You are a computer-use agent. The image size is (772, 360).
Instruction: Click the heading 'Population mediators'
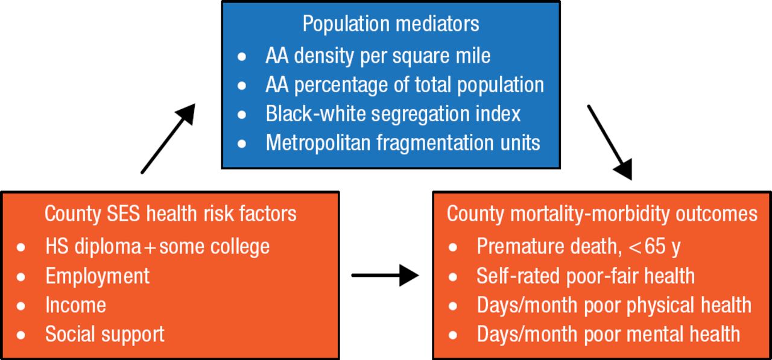(390, 24)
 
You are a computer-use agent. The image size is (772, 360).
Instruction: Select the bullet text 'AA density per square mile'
(378, 56)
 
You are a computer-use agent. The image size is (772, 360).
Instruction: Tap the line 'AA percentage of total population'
(404, 85)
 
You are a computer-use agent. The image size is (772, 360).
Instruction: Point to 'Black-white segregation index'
(393, 114)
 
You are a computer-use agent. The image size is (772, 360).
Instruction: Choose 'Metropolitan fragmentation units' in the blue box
(402, 143)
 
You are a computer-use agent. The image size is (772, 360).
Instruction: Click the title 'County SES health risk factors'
(170, 213)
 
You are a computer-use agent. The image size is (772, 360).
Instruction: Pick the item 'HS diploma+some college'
(157, 246)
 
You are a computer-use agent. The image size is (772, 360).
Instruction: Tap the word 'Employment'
(97, 276)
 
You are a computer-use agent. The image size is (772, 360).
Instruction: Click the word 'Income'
(75, 305)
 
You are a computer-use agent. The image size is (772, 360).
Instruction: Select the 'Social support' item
(104, 334)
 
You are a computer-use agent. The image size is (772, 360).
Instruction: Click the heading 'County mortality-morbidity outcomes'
(602, 213)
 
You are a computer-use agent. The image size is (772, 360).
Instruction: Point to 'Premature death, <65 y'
(578, 246)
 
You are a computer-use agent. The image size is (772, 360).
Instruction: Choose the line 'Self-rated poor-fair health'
(585, 276)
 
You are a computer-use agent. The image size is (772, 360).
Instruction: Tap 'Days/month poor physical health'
(614, 305)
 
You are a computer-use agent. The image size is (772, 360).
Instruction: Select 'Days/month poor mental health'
(608, 334)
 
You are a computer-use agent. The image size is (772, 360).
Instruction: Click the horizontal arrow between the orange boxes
(385, 276)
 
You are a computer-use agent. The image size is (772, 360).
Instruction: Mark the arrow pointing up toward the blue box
(168, 138)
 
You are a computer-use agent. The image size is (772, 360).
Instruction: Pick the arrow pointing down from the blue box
(610, 142)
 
